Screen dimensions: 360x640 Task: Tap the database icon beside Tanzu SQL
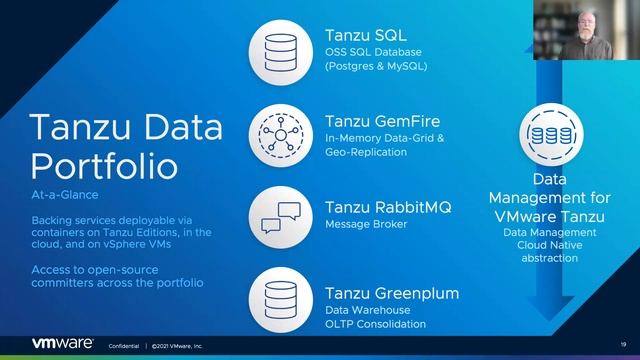[x=283, y=47]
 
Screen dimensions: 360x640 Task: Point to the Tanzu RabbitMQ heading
[x=388, y=207]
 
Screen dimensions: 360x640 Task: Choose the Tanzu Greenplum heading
[x=392, y=293]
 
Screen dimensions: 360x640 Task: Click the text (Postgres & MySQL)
[x=376, y=67]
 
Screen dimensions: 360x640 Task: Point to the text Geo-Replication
[x=366, y=153]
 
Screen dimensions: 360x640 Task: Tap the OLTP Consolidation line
[x=376, y=325]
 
